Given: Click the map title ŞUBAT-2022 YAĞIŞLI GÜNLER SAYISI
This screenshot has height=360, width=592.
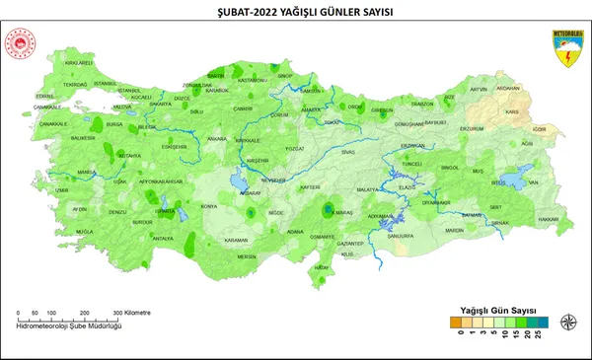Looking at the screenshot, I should pyautogui.click(x=295, y=12).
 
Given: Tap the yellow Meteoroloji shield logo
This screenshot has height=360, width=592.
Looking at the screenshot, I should pyautogui.click(x=566, y=49).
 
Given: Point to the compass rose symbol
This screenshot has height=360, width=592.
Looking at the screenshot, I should pyautogui.click(x=568, y=322).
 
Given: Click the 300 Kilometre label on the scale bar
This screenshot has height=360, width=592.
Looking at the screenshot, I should pyautogui.click(x=132, y=313).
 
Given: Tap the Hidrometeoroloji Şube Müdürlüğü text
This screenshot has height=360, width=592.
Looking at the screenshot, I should pyautogui.click(x=69, y=325).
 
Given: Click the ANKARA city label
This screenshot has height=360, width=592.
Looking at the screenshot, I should pyautogui.click(x=217, y=139).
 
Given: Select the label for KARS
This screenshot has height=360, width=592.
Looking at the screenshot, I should pyautogui.click(x=511, y=111).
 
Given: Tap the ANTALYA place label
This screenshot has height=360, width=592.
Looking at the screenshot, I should pyautogui.click(x=164, y=239).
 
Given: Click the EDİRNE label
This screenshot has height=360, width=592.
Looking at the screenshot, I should pyautogui.click(x=42, y=96).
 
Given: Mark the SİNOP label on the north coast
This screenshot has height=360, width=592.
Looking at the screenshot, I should pyautogui.click(x=286, y=75).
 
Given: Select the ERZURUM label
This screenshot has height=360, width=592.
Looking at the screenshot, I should pyautogui.click(x=473, y=128).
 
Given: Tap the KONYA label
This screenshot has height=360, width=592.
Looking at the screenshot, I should pyautogui.click(x=209, y=206).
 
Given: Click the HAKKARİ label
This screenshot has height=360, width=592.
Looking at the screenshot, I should pyautogui.click(x=548, y=218).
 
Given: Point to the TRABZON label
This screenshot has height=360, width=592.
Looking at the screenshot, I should pyautogui.click(x=422, y=104).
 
